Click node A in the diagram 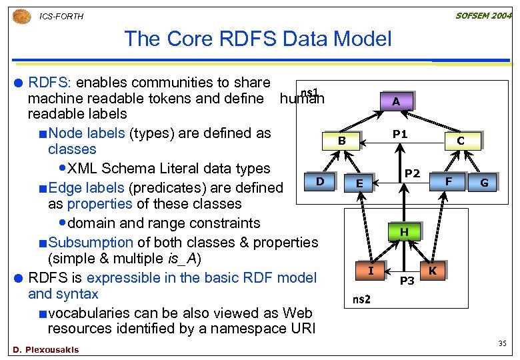[x=396, y=101]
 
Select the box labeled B [x=341, y=141]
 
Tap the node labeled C [x=460, y=141]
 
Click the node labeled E [x=359, y=183]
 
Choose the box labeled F [x=449, y=181]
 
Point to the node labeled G [x=484, y=183]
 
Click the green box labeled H [x=404, y=232]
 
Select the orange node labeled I [x=371, y=270]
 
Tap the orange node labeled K [x=433, y=270]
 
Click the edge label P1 [x=400, y=134]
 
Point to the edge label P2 [x=413, y=173]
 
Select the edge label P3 [x=407, y=281]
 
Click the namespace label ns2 [x=362, y=299]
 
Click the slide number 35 [x=503, y=344]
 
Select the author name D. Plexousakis [x=45, y=349]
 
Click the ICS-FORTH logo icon [x=21, y=15]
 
